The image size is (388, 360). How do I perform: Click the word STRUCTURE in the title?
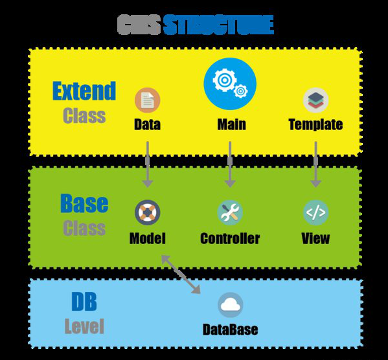pos(218,25)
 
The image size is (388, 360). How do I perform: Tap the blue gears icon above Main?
pos(230,84)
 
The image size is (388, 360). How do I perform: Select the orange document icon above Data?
pos(148,100)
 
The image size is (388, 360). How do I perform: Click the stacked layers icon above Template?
pos(315,100)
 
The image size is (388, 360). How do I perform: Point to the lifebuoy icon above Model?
pos(148,212)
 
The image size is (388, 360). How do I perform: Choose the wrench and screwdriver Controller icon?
pos(230,212)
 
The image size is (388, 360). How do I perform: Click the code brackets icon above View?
pos(315,212)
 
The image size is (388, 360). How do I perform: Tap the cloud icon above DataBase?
pos(231,305)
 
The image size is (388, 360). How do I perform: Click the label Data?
pos(147,124)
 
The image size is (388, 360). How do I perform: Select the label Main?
pos(232,124)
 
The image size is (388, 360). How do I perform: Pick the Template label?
pos(315,124)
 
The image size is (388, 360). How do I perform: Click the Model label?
pos(148,238)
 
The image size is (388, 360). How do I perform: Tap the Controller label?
pos(230,238)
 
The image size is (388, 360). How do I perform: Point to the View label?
pos(315,238)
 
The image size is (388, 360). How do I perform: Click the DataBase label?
pos(231,330)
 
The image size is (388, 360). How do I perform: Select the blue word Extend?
pos(84,91)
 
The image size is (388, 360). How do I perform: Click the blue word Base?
pos(84,203)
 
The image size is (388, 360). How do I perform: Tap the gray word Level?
pos(84,326)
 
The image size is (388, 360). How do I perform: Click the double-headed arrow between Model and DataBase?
pos(181,275)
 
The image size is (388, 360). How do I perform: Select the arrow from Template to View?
pos(315,164)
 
